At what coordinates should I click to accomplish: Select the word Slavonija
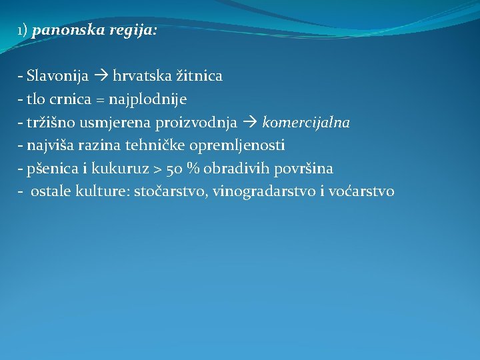tap(58, 76)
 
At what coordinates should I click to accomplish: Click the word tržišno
tap(47, 123)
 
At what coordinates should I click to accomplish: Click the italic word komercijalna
tap(306, 123)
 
